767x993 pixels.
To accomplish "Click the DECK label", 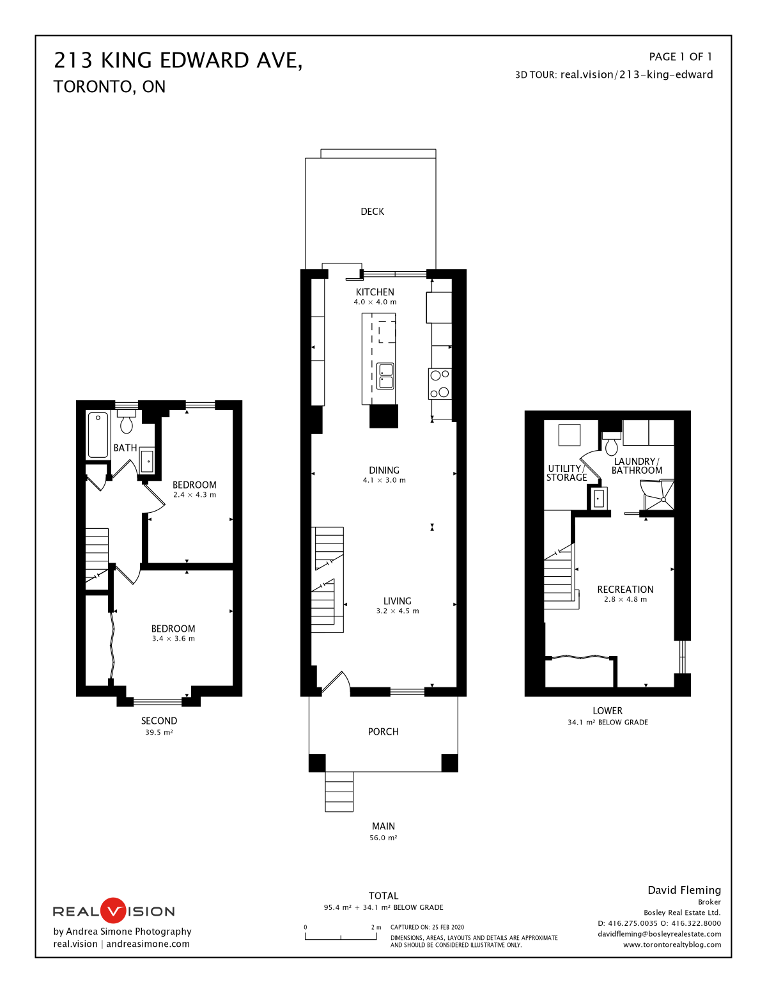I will click(372, 212).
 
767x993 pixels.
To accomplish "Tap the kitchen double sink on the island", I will click(385, 376).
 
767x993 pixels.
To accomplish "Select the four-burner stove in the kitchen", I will click(440, 384).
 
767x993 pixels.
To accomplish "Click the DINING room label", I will click(383, 471).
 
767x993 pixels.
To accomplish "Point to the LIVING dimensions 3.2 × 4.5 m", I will click(397, 611).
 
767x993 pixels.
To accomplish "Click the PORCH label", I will click(383, 732).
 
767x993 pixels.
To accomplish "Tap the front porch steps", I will click(339, 792).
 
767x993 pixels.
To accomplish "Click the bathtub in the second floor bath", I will click(98, 435).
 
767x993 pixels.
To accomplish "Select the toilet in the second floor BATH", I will click(127, 422).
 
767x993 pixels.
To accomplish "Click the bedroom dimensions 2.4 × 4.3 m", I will click(194, 495).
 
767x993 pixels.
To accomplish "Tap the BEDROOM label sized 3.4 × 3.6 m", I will click(173, 629).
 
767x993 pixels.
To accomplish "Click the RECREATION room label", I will click(625, 590).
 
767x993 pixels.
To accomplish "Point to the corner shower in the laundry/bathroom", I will click(658, 496).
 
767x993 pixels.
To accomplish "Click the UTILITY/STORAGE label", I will click(566, 473).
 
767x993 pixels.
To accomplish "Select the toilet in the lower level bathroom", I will click(612, 444).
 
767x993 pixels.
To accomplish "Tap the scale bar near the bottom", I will click(341, 937).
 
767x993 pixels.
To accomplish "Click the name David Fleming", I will click(684, 890).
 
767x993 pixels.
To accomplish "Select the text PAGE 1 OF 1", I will click(680, 57).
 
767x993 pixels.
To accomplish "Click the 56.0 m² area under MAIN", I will click(383, 838).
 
